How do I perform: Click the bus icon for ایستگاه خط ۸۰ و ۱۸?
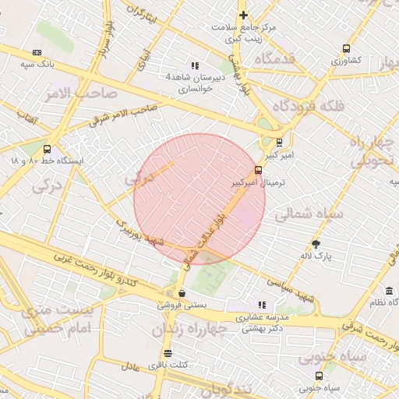pos(48,149)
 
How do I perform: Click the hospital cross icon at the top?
pos(244,15)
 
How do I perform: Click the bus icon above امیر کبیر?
pos(280,142)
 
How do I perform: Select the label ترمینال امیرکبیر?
pos(260,182)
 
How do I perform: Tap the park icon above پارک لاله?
pos(316,243)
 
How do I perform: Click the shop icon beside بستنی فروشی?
pos(182,293)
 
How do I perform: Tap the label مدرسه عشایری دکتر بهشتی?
pos(262,323)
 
